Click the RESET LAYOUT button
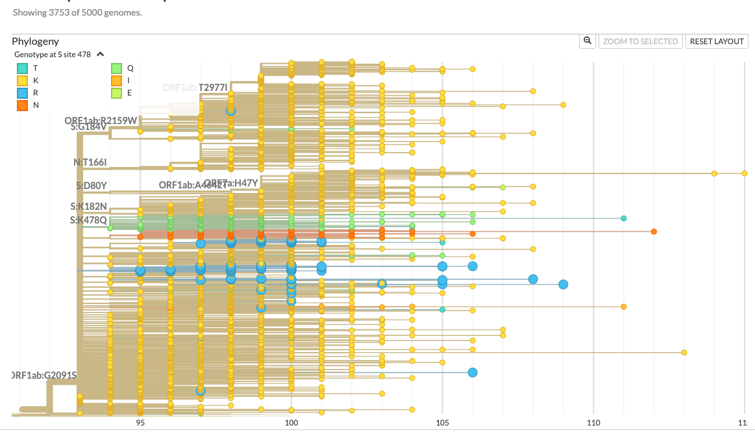717,42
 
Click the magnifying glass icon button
588,41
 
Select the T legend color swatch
22,68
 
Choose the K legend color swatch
22,80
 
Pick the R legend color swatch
22,92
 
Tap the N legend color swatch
22,105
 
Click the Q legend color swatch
117,68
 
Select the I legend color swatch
117,80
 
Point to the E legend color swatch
117,92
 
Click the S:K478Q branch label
88,220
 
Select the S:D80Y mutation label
90,186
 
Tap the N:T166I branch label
90,162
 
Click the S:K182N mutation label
88,207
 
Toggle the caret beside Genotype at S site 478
101,55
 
